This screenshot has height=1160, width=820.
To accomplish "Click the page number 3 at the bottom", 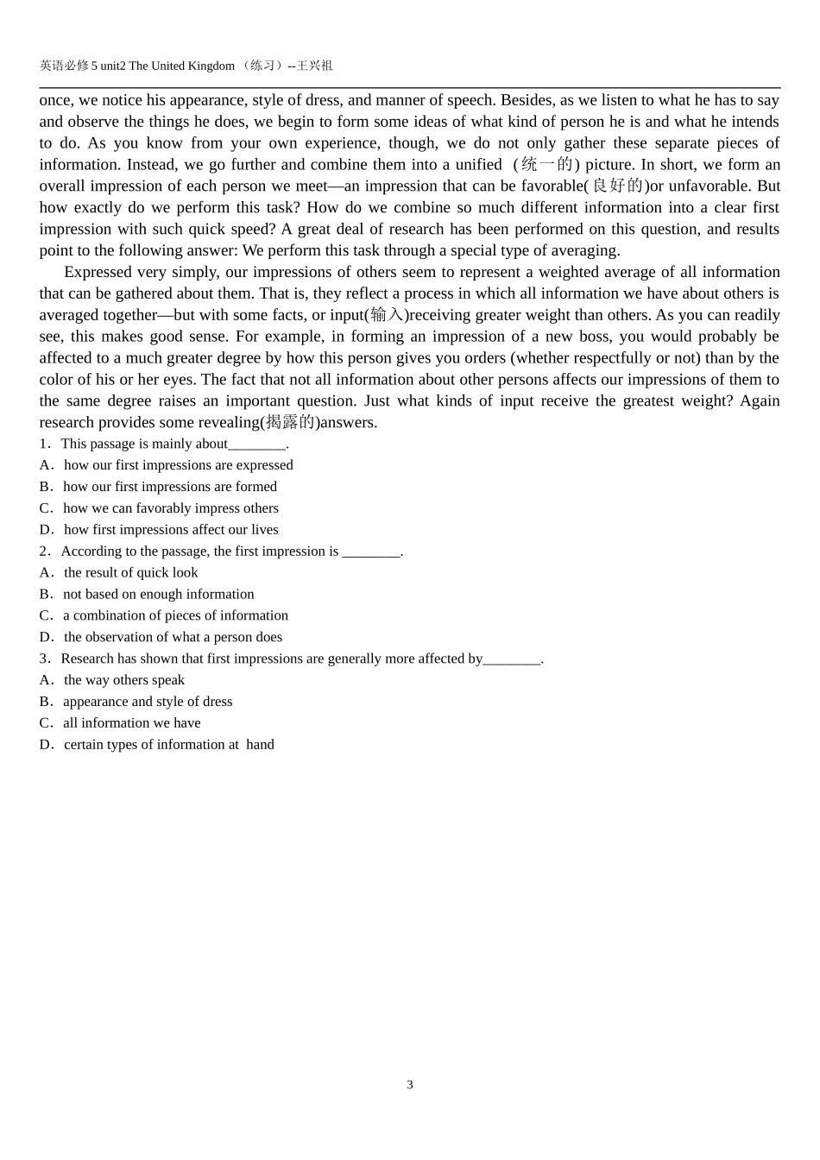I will [x=410, y=1085].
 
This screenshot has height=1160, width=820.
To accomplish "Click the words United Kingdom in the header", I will [x=192, y=66].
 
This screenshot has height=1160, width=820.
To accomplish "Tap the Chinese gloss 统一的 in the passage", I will [x=547, y=164].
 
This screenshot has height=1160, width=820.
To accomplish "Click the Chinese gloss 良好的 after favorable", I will [x=617, y=186].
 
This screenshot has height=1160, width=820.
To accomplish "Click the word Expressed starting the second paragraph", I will [x=98, y=272].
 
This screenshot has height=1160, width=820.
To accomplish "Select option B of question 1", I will [x=169, y=487].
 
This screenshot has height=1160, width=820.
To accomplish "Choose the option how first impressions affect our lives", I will [x=171, y=530].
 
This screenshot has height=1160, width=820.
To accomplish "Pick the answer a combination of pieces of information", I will [x=175, y=615].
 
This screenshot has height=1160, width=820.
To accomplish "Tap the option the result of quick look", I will [x=130, y=572].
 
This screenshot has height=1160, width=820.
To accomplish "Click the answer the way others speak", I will [x=124, y=680].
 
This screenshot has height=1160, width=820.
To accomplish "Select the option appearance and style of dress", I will [x=148, y=702].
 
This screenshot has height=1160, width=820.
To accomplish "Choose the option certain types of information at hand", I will [x=168, y=745].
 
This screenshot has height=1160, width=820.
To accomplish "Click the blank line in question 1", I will [x=256, y=445].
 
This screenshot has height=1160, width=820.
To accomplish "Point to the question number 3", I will [x=44, y=659].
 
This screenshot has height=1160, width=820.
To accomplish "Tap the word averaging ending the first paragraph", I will [x=586, y=250].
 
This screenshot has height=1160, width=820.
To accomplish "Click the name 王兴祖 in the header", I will [x=314, y=66].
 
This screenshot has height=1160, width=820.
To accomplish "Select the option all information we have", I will [x=131, y=723].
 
